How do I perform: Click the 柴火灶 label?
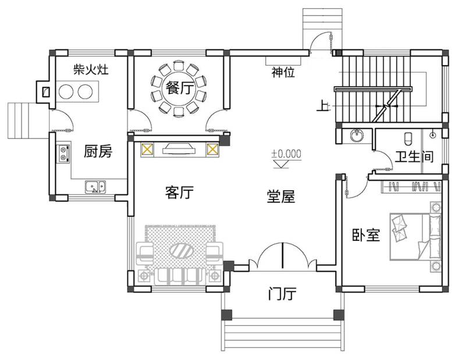pos(91,70)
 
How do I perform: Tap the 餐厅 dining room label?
pos(179,88)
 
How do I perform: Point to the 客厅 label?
pos(179,193)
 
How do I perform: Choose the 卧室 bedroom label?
pos(366,234)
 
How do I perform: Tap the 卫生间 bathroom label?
pos(414,157)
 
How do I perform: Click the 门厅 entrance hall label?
pos(282,294)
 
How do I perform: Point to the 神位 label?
pos(283,73)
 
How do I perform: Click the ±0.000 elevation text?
pos(286,154)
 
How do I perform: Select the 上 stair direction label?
pos(322,106)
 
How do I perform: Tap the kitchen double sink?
pos(95,187)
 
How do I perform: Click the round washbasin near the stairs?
pos(356,137)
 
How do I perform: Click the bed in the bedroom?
pos(414,236)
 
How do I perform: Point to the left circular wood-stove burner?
pos(66,91)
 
